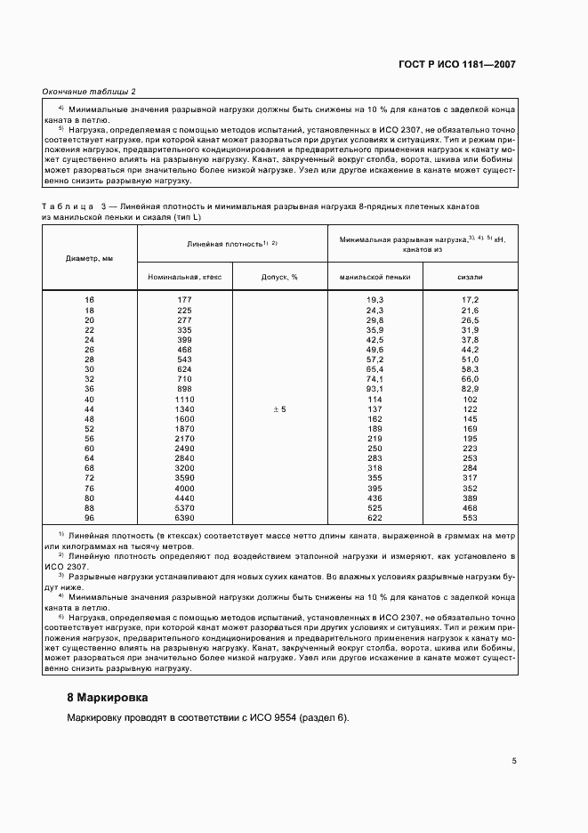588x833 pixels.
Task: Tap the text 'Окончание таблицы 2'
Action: (x=90, y=92)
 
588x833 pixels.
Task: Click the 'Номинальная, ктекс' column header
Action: (x=185, y=277)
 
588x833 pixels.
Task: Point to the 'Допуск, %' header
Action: (x=279, y=277)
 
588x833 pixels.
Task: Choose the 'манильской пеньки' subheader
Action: (x=375, y=277)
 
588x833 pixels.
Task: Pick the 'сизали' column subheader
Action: (x=471, y=277)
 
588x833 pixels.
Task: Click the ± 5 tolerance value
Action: (x=278, y=408)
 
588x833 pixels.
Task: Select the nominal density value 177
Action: (x=185, y=299)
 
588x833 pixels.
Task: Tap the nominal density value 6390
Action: (x=185, y=517)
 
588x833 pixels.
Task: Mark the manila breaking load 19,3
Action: (x=375, y=299)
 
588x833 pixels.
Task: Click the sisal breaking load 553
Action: (x=471, y=517)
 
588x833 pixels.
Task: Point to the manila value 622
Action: (x=375, y=517)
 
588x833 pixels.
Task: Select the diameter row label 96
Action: (x=89, y=517)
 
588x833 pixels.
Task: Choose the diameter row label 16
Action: (x=89, y=299)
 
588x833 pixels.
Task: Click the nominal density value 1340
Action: (x=185, y=408)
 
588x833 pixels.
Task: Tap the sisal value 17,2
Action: (x=471, y=299)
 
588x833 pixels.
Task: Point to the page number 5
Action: (x=514, y=760)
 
